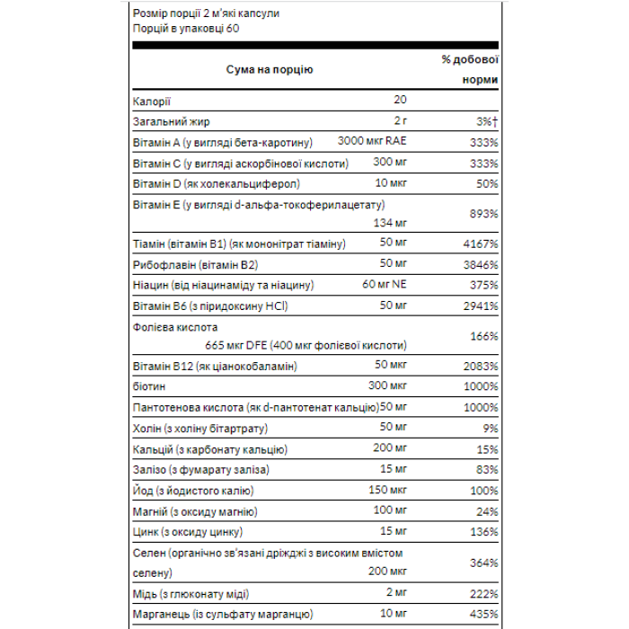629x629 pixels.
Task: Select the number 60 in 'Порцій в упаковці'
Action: click(x=232, y=28)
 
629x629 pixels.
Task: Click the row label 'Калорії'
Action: click(x=151, y=100)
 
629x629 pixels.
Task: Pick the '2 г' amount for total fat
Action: click(x=400, y=121)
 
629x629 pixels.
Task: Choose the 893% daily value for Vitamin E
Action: click(x=483, y=213)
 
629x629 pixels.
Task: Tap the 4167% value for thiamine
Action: click(x=479, y=244)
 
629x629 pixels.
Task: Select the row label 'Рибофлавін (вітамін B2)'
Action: click(x=195, y=264)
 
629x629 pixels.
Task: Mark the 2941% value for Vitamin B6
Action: click(x=479, y=306)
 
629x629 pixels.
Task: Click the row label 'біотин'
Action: click(x=148, y=386)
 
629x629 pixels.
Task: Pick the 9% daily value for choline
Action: click(x=491, y=428)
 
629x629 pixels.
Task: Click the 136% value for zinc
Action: click(x=483, y=531)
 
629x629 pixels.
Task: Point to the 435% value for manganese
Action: click(x=483, y=615)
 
